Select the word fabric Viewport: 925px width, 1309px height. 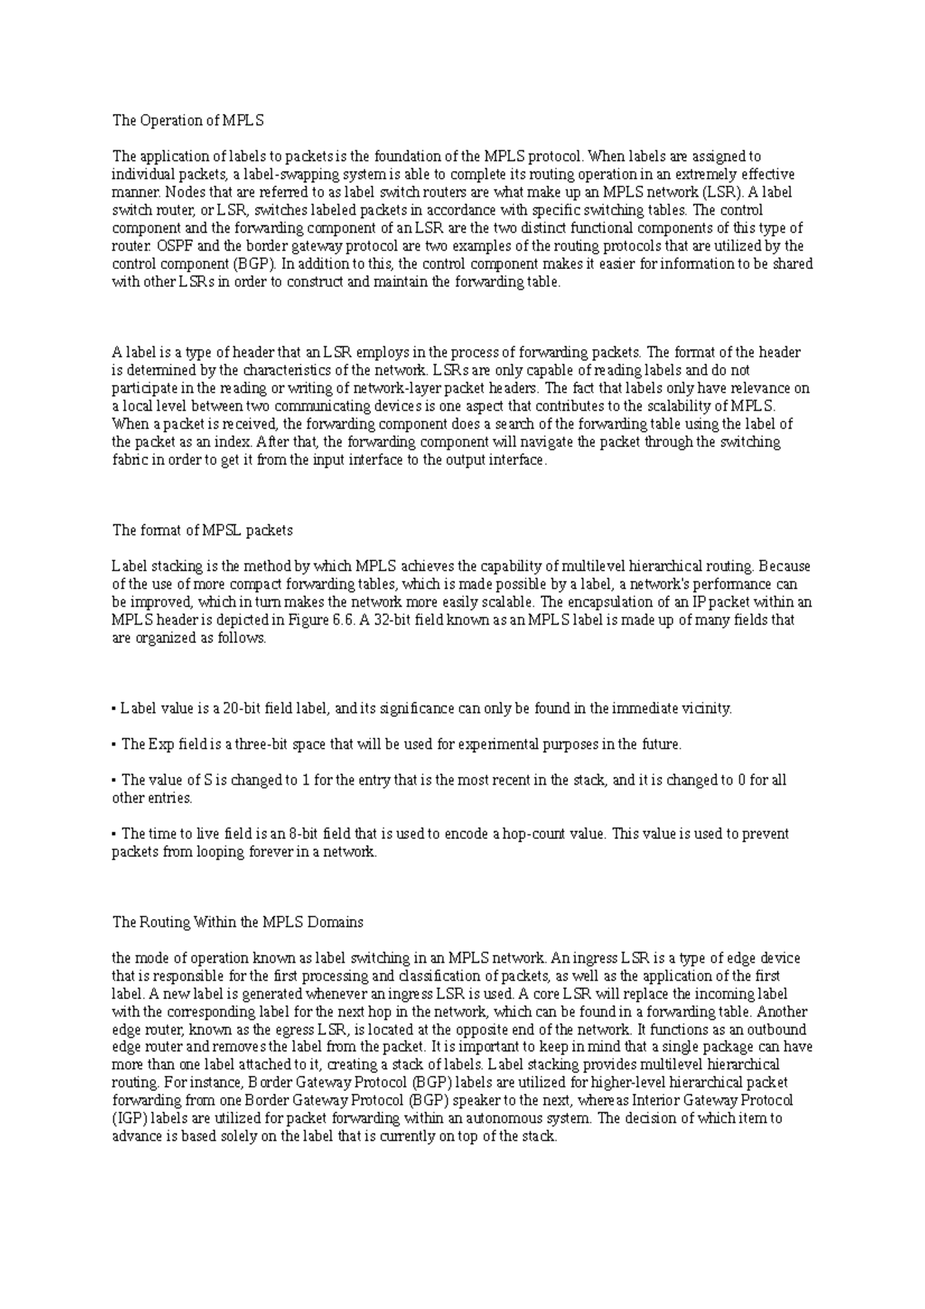(129, 460)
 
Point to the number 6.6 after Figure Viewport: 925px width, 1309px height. (345, 620)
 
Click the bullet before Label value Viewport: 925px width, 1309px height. (114, 709)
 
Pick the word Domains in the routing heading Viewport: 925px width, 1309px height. (335, 922)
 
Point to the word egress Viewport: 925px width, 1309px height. (294, 1030)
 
